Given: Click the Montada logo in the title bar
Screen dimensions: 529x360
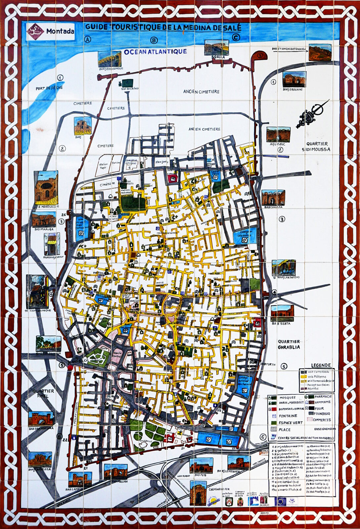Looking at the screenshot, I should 35,31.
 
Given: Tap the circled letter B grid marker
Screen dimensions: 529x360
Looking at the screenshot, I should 154,40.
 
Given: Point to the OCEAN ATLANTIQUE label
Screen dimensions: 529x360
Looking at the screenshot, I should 155,52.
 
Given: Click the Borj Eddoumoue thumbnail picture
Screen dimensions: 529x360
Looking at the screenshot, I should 110,59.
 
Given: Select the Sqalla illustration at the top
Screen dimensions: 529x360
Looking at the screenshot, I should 216,47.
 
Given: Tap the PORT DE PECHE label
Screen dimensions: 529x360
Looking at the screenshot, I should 49,88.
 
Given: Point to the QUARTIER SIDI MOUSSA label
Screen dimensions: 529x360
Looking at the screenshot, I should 316,146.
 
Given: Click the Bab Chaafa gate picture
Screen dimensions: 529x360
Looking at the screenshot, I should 273,197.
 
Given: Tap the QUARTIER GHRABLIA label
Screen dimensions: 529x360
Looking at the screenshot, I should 289,344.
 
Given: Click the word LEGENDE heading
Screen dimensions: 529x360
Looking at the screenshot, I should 321,365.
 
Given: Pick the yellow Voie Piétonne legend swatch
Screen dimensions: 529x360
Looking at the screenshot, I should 303,377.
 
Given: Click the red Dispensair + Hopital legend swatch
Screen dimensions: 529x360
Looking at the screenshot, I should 274,409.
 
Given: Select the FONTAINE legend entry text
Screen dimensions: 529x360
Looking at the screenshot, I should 288,416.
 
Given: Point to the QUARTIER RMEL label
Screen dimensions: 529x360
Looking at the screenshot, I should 43,393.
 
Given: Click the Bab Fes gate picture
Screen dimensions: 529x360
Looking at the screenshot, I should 201,466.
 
